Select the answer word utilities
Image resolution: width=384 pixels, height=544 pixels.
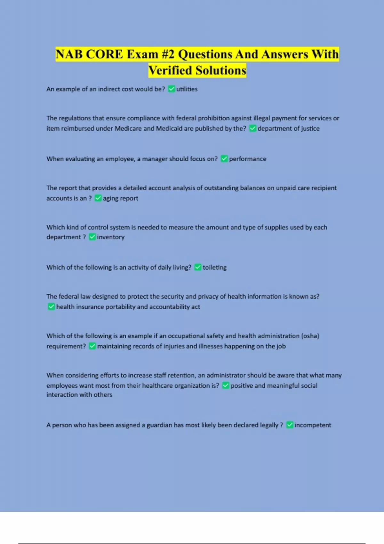point(187,89)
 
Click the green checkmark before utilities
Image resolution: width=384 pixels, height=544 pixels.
point(172,89)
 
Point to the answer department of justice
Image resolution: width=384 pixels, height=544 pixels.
point(288,129)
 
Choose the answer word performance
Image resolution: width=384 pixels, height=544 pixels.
point(247,159)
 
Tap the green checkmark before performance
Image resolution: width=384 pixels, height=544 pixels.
point(224,159)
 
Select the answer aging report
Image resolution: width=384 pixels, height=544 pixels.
point(120,198)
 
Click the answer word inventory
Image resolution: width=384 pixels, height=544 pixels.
point(110,237)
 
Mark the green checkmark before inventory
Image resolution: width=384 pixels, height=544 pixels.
point(92,237)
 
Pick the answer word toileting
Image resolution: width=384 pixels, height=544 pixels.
point(214,268)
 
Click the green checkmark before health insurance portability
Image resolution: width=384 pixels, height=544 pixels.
point(51,307)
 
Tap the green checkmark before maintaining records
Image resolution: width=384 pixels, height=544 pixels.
point(92,346)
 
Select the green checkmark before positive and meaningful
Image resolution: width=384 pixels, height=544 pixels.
point(226,385)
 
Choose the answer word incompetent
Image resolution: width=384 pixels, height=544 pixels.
point(313,425)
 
